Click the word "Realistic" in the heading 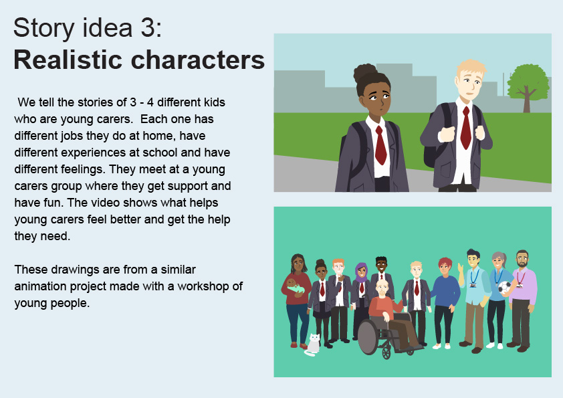(68, 60)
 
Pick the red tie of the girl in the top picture (380, 145)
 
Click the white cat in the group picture (313, 344)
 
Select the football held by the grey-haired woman (504, 287)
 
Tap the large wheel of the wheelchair (368, 336)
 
